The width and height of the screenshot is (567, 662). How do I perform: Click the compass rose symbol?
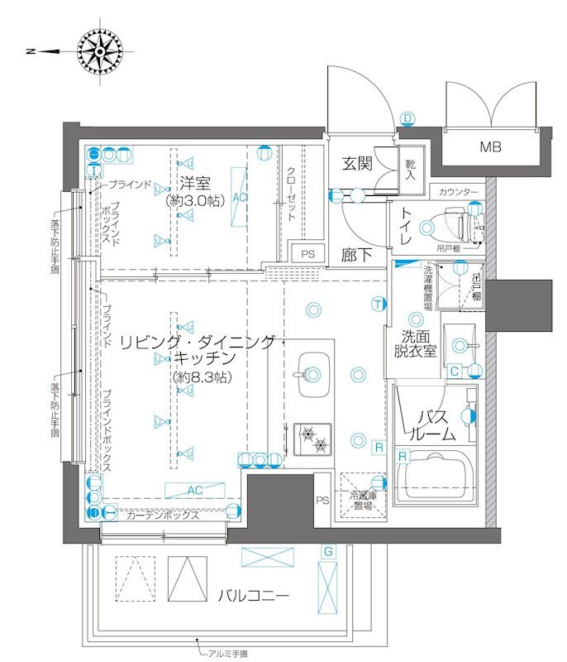click(98, 51)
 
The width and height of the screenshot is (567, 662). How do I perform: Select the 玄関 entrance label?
click(357, 163)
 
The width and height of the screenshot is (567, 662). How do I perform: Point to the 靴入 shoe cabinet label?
click(411, 170)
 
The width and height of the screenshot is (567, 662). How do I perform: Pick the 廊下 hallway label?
click(356, 256)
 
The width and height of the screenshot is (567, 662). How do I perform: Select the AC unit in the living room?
click(194, 490)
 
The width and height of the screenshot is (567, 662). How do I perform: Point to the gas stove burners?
click(312, 439)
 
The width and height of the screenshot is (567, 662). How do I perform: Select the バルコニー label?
click(254, 595)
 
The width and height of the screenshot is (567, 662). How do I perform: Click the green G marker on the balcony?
click(328, 551)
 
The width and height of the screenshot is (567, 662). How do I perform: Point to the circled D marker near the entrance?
click(407, 118)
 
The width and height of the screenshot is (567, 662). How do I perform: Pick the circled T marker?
click(378, 304)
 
